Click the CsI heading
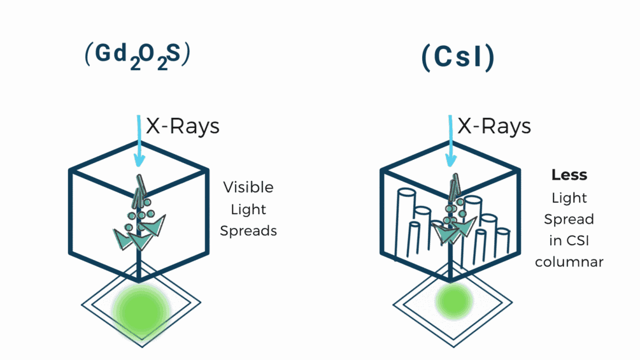[x=458, y=58]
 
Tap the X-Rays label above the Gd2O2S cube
[x=183, y=126]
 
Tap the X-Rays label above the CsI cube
[x=494, y=126]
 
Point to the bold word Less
[x=569, y=175]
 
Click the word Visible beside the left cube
[x=248, y=187]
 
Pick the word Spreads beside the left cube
[x=248, y=231]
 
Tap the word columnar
[x=569, y=262]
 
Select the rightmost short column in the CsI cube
[x=503, y=245]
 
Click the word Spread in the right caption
[x=569, y=219]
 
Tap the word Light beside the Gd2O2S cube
[x=248, y=209]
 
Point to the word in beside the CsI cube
[x=553, y=240]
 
